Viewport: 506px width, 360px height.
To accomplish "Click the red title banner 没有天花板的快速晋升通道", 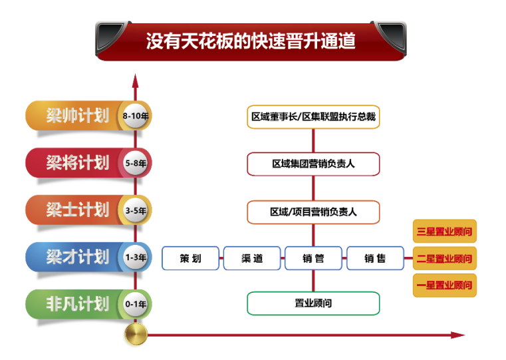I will tap(251, 41).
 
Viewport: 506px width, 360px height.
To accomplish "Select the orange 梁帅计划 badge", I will tap(76, 116).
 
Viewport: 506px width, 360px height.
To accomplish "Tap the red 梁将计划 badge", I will tap(76, 162).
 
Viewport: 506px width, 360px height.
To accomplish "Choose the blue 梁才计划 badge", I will tap(76, 257).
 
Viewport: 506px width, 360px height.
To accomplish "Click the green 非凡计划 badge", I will tap(76, 304).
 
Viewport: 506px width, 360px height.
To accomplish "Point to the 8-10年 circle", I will tap(136, 116).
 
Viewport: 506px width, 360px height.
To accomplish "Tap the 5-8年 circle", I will tap(136, 162).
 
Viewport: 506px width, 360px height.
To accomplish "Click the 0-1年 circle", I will tap(136, 304).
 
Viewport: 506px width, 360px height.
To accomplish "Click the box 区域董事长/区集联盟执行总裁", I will tap(313, 117).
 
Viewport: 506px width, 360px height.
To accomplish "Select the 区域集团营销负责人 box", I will tap(313, 164).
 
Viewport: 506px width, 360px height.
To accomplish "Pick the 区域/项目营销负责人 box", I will tap(313, 212).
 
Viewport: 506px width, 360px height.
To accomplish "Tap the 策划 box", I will tap(190, 258).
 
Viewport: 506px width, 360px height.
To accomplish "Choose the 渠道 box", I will tap(252, 258).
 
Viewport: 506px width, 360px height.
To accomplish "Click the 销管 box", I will tap(313, 258).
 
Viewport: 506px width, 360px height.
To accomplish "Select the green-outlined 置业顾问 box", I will tap(313, 303).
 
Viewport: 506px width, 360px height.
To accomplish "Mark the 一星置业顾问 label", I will tap(444, 285).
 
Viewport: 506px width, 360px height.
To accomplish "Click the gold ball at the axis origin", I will tap(136, 334).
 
